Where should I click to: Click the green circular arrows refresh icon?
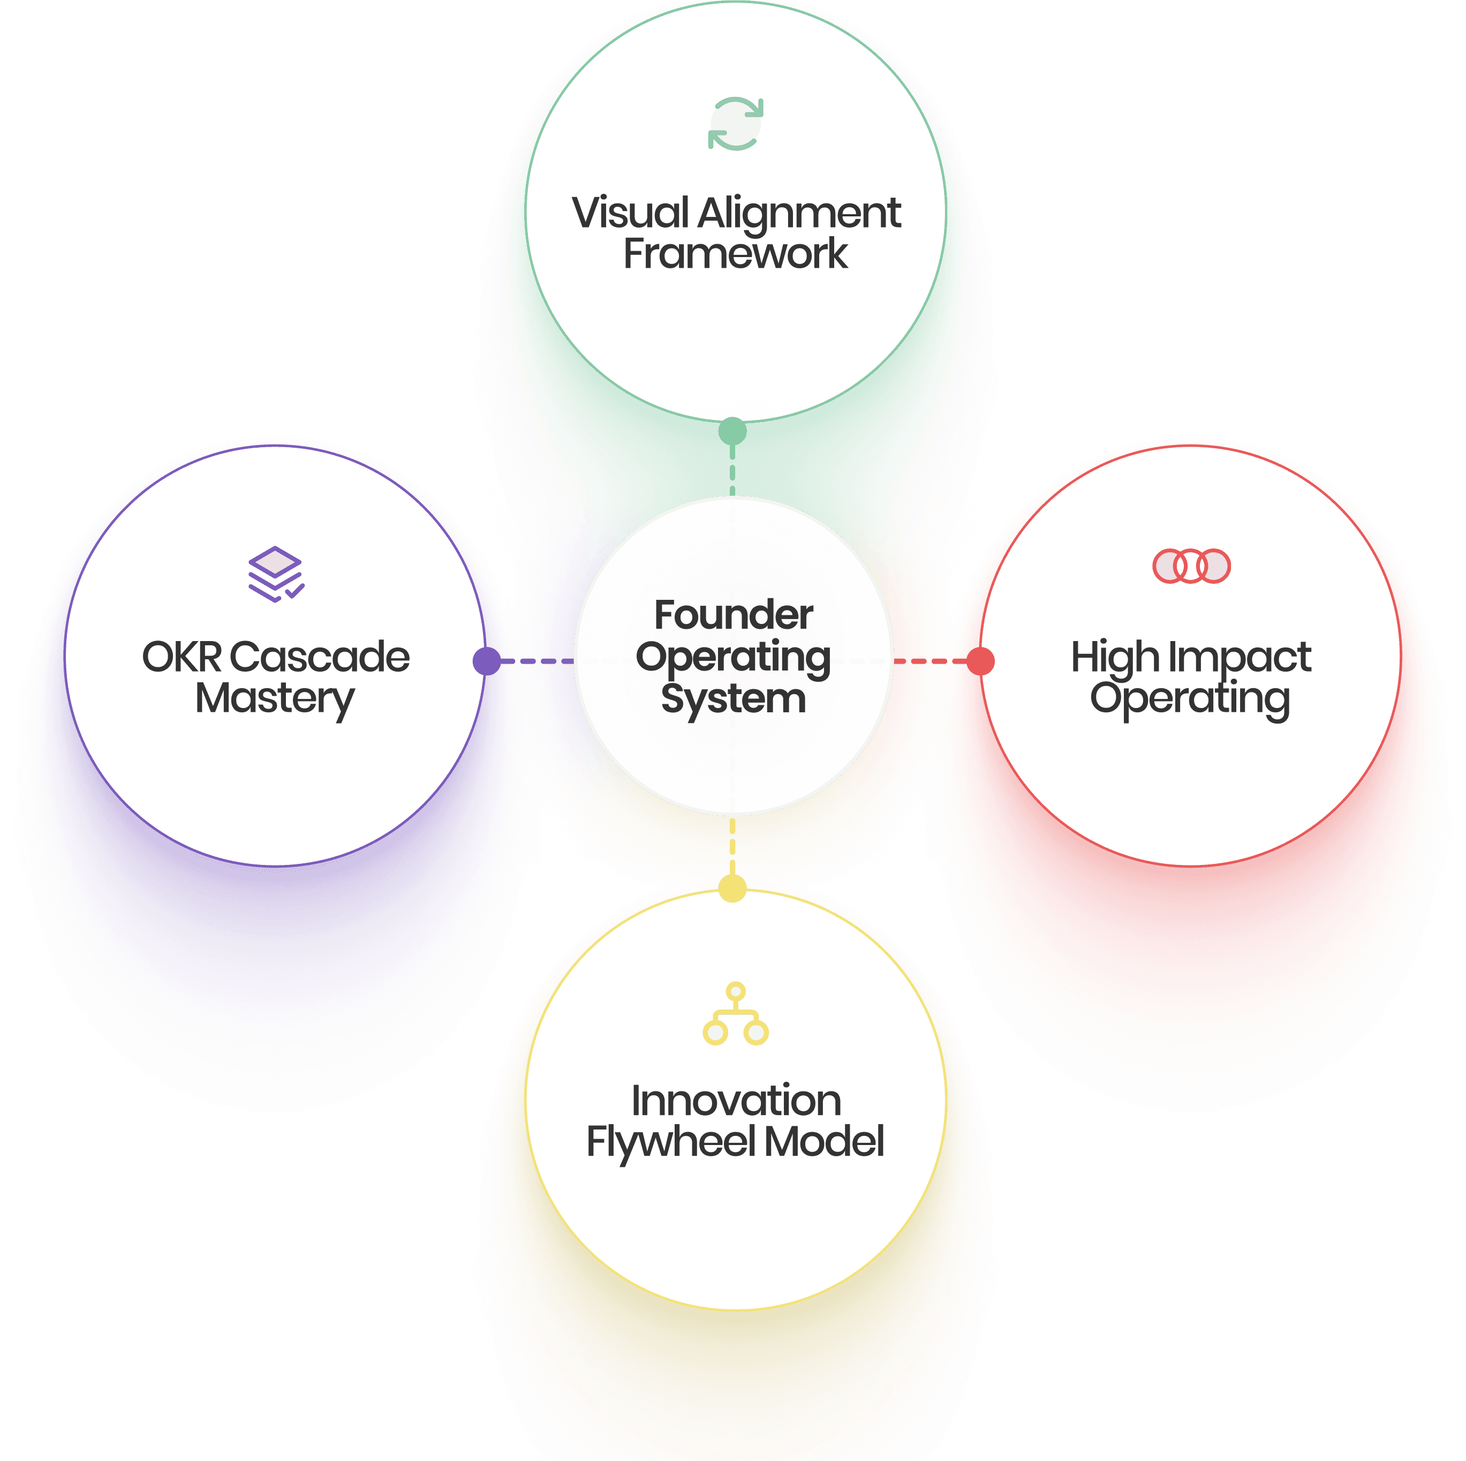[x=735, y=124]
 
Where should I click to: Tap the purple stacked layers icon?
[x=275, y=574]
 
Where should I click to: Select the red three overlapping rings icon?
[x=1191, y=566]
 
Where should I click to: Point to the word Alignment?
[x=799, y=215]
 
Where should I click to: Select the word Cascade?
[x=320, y=657]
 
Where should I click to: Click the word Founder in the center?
[x=733, y=615]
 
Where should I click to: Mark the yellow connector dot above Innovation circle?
[x=732, y=888]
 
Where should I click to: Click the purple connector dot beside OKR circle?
[x=486, y=661]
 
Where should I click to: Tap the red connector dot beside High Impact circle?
[x=980, y=661]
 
